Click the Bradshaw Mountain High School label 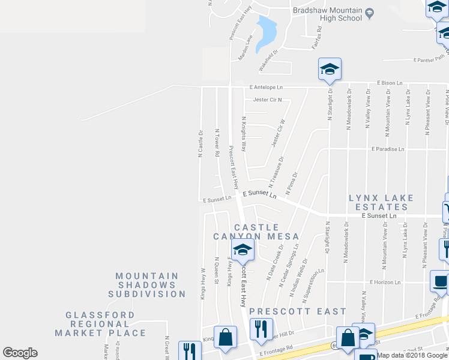click(x=328, y=14)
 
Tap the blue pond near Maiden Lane click(x=265, y=34)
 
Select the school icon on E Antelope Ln click(x=330, y=70)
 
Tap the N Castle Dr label click(x=201, y=143)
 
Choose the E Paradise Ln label click(x=388, y=149)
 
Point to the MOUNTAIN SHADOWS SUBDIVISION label click(x=147, y=285)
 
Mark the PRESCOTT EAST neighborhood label click(x=298, y=311)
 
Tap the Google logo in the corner click(x=20, y=353)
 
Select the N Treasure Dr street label click(x=277, y=173)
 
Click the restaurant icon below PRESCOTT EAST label click(x=261, y=329)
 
